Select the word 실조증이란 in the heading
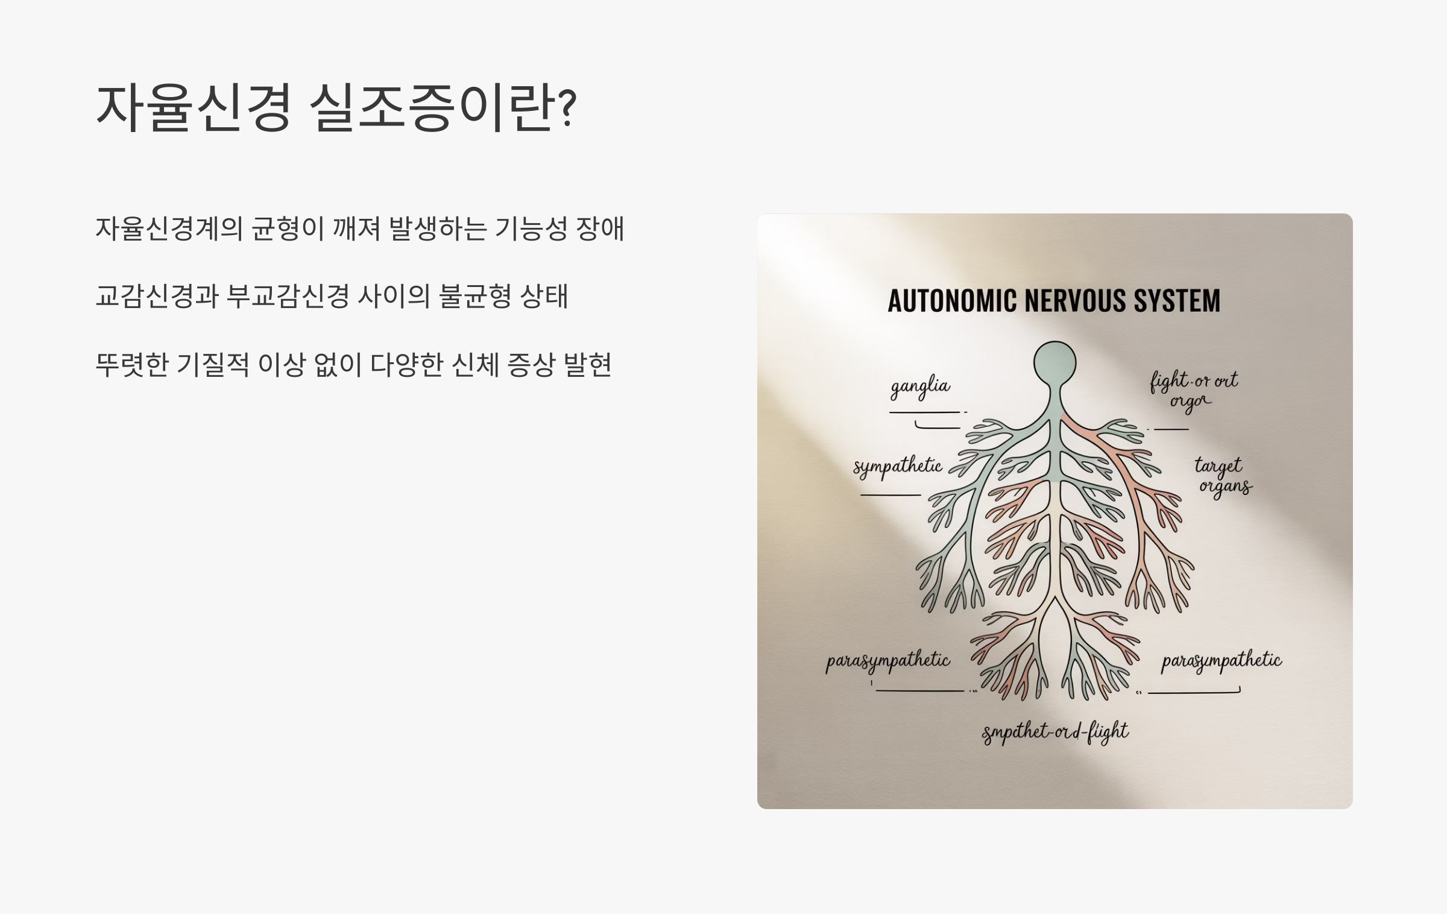(430, 107)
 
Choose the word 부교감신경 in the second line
(288, 296)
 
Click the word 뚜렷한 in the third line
(131, 364)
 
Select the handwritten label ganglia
(921, 386)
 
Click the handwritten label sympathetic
(897, 467)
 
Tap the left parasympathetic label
(887, 661)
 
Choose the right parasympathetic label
(1222, 661)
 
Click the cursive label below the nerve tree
(1055, 733)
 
